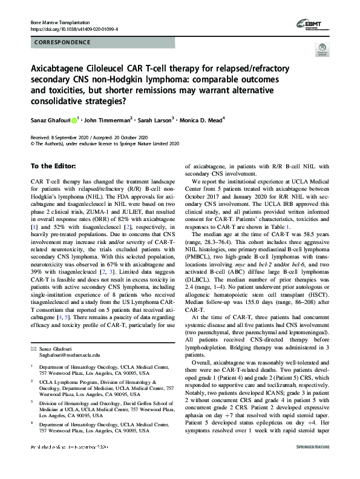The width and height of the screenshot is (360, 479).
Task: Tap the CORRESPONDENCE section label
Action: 56,44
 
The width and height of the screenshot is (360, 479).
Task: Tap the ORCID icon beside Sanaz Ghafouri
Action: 74,121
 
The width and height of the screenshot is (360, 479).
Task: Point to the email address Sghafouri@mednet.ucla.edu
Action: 65,355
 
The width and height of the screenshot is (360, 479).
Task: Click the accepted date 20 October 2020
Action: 132,137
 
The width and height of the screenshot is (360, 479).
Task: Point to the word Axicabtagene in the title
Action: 64,70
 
